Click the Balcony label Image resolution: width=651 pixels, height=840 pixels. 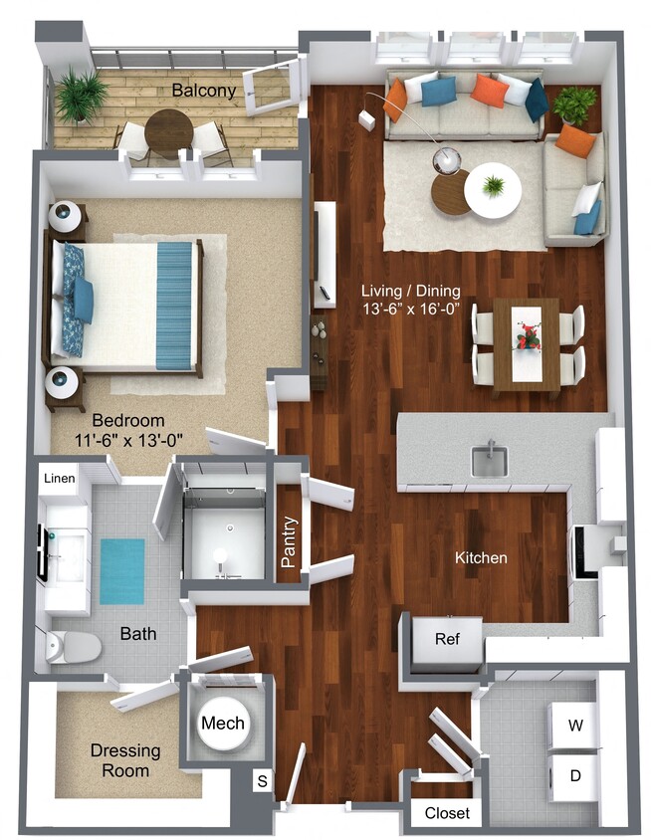click(x=204, y=91)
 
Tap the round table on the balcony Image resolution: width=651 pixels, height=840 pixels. click(x=168, y=129)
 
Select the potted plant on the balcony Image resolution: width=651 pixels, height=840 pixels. click(x=81, y=96)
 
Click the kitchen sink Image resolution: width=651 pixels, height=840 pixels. click(x=489, y=460)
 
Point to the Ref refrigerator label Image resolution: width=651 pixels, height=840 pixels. click(x=447, y=638)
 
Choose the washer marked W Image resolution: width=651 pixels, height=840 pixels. click(x=574, y=726)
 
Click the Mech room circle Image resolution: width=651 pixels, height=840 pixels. click(x=223, y=723)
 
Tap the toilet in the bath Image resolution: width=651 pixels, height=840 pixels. click(x=73, y=648)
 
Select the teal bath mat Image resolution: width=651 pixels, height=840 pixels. click(x=121, y=570)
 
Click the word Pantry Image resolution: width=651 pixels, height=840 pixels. click(x=289, y=541)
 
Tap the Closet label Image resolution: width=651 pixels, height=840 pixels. click(x=447, y=813)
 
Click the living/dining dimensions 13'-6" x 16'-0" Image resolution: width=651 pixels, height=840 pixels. click(x=412, y=309)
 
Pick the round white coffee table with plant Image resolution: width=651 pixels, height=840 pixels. click(x=492, y=189)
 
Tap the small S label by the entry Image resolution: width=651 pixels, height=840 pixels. click(x=262, y=782)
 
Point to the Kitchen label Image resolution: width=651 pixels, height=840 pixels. click(x=481, y=558)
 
